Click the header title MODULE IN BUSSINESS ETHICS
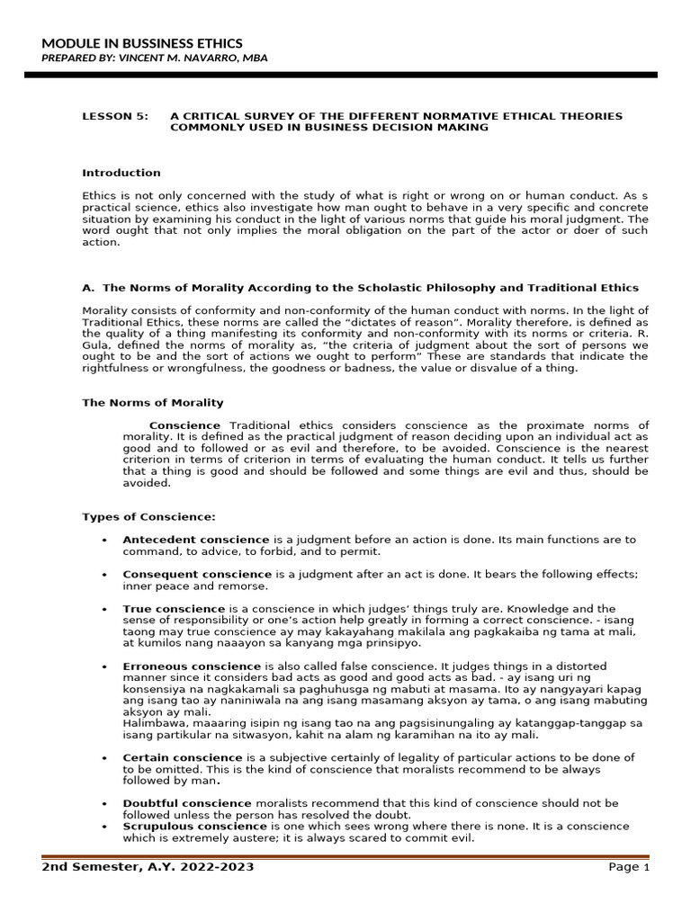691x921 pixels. (142, 43)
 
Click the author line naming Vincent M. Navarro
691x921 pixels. (154, 58)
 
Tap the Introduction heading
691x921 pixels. (121, 173)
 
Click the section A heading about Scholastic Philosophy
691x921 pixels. (360, 288)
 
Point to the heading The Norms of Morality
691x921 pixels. (153, 402)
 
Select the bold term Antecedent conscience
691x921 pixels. (195, 540)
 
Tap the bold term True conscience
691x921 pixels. (174, 609)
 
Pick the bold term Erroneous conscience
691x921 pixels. (192, 666)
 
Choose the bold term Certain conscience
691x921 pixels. (183, 757)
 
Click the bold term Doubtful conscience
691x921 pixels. (187, 802)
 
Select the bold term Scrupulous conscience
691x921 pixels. (194, 826)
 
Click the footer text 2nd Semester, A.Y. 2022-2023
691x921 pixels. (148, 867)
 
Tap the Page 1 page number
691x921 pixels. (628, 867)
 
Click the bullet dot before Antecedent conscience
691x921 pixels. (104, 540)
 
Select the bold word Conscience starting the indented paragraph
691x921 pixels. (184, 425)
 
